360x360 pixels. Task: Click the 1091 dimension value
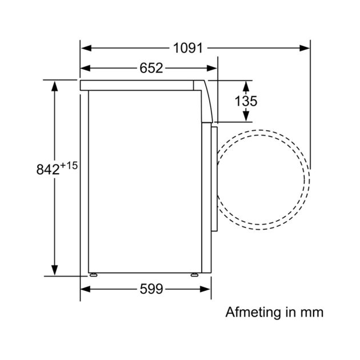click(188, 48)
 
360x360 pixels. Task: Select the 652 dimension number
click(151, 68)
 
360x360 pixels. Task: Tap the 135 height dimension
click(246, 101)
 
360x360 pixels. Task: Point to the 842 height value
click(48, 170)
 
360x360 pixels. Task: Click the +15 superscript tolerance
click(69, 166)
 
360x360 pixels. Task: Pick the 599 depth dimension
click(151, 289)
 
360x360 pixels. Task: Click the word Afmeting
click(254, 312)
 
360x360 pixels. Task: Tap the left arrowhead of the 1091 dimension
click(86, 48)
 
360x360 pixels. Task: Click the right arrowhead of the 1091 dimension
click(305, 48)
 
